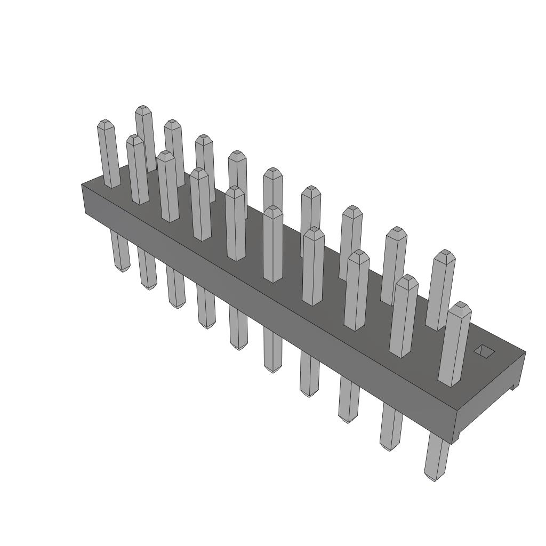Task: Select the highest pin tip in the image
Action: [x=143, y=109]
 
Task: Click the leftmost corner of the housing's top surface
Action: [x=82, y=184]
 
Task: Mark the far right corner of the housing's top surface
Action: [x=525, y=352]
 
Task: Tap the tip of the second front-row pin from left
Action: [x=168, y=155]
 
